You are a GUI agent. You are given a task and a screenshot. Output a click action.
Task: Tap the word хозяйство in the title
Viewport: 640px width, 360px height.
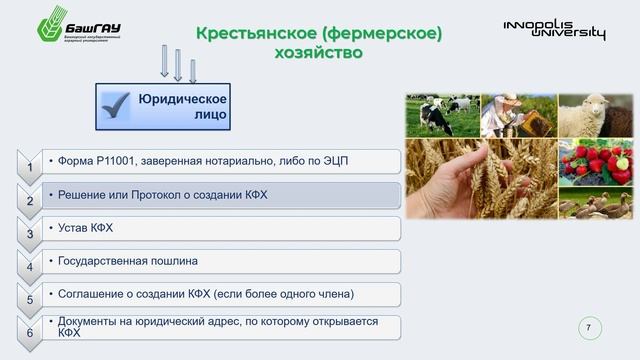pyautogui.click(x=318, y=53)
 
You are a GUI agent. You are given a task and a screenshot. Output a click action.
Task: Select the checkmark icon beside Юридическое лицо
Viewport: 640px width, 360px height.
pyautogui.click(x=118, y=106)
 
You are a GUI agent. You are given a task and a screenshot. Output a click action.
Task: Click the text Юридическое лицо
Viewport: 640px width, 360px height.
pyautogui.click(x=183, y=107)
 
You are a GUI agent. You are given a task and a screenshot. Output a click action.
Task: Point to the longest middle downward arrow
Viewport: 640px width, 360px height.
pyautogui.click(x=177, y=64)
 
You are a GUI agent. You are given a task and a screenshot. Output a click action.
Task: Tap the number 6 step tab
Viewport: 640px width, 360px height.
pyautogui.click(x=30, y=331)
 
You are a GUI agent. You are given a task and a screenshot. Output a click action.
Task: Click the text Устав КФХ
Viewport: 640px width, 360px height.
pyautogui.click(x=86, y=228)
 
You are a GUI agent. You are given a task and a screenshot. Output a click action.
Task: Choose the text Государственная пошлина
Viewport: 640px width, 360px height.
pyautogui.click(x=127, y=261)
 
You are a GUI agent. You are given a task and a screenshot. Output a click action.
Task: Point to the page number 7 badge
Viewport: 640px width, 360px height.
pyautogui.click(x=588, y=327)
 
